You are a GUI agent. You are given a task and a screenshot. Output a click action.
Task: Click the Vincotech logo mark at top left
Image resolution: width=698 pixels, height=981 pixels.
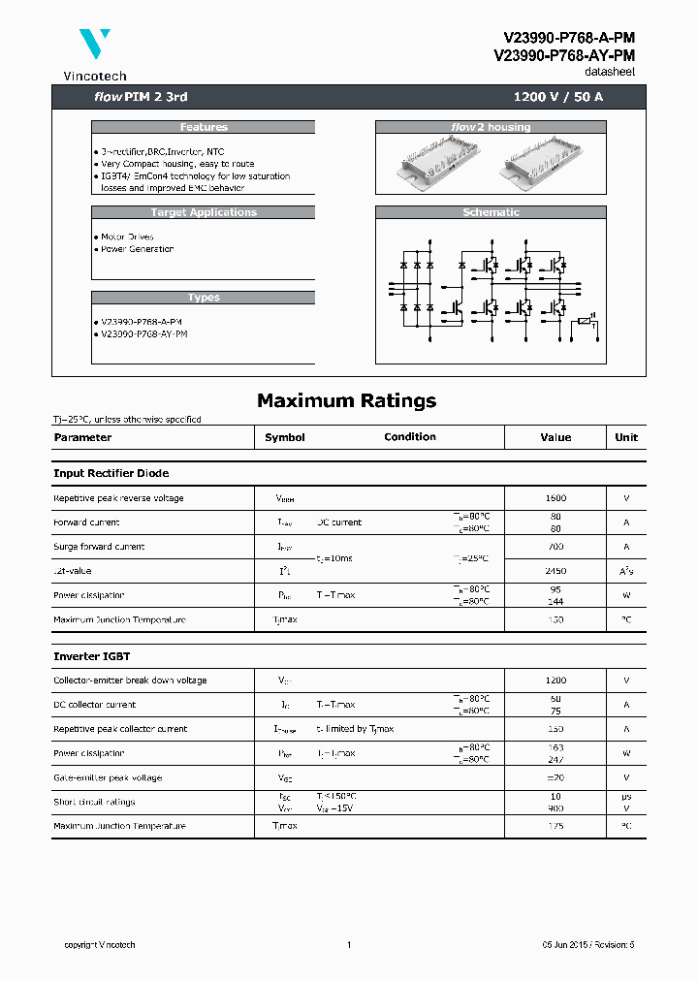coord(95,46)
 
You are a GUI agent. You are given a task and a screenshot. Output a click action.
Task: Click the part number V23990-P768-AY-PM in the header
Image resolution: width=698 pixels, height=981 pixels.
coord(564,55)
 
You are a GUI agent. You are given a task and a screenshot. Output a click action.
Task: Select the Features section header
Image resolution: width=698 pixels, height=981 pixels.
coord(204,127)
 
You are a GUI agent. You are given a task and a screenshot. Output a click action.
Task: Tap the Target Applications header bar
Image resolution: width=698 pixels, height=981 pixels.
coord(204,212)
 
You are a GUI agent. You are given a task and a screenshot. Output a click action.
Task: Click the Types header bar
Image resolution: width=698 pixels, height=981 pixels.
coord(204,298)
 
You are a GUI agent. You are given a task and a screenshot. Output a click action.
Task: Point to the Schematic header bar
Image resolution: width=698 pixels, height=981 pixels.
coord(491,212)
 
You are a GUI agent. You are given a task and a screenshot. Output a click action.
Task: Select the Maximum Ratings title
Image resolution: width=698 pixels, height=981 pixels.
coord(346,400)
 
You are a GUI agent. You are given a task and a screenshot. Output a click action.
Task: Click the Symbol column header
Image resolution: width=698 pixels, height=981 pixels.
coord(285,437)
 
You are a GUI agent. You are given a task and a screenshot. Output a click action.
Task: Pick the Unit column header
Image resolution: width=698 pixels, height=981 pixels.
coord(626,437)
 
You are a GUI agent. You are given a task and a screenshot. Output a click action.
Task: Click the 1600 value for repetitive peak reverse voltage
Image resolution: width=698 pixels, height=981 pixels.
coord(555,498)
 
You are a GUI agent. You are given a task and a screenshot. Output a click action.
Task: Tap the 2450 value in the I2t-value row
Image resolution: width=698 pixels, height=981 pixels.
coord(555,571)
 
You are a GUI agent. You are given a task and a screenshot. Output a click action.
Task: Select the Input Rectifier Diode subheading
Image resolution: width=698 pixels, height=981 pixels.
coord(111,473)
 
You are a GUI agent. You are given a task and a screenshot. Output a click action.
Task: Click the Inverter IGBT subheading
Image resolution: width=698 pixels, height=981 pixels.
coord(92,656)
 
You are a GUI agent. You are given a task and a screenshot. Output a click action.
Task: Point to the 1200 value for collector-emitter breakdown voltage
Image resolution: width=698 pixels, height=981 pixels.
coord(555,680)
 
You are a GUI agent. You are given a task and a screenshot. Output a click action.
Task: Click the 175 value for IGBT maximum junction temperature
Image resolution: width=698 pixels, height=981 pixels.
coord(555,826)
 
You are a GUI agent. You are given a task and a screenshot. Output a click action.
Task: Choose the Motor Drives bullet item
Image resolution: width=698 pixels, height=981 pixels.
coord(127,237)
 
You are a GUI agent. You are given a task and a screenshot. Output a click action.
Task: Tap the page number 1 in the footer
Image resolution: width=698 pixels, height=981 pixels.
coord(348,945)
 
